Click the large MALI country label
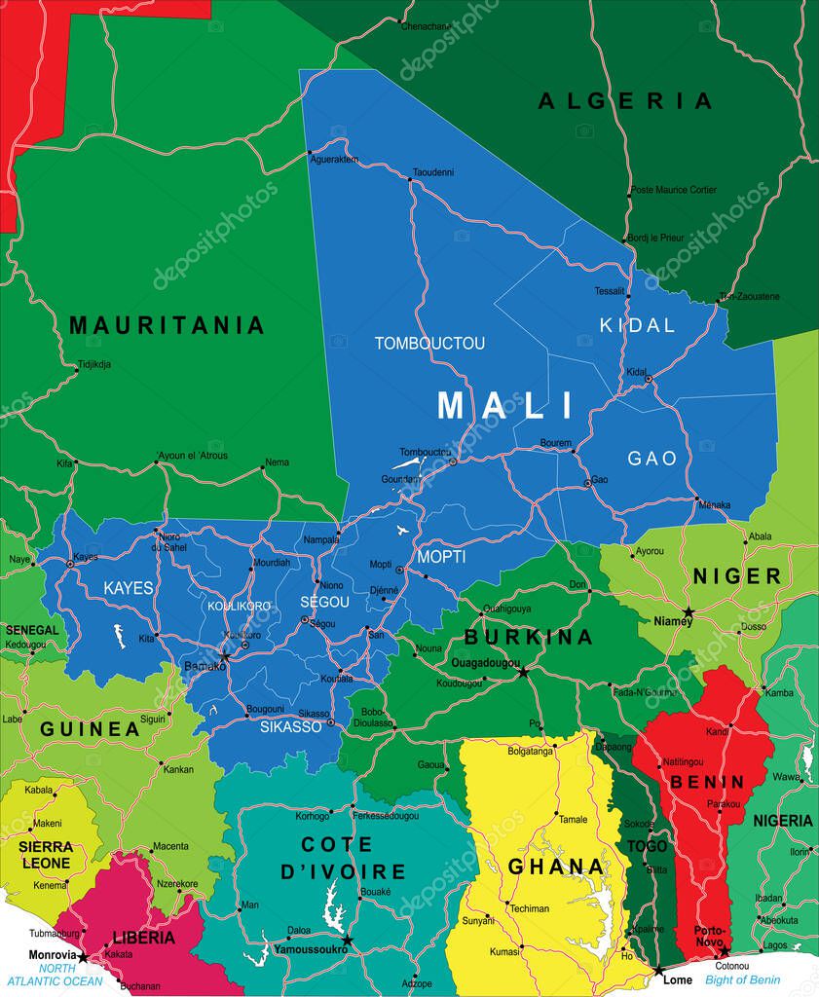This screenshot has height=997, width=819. (x=505, y=405)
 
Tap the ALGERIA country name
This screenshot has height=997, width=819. (x=625, y=100)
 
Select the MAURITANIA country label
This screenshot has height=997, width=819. (x=167, y=325)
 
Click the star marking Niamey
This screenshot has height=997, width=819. (x=688, y=612)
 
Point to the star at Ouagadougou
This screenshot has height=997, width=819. (x=523, y=672)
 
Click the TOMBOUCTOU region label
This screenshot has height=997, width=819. (x=429, y=344)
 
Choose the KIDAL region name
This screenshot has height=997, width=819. (x=637, y=325)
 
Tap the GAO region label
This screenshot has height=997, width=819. (x=651, y=458)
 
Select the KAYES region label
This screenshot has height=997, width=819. (x=129, y=589)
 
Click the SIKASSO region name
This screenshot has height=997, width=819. (x=290, y=726)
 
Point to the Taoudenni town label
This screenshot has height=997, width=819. (x=433, y=172)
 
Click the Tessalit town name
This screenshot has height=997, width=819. (x=610, y=291)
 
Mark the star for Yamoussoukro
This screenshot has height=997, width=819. (x=347, y=941)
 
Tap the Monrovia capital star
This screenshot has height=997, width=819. (x=83, y=958)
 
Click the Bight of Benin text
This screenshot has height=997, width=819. (x=743, y=979)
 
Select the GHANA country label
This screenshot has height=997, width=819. (x=556, y=867)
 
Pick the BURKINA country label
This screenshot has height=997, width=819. (x=528, y=638)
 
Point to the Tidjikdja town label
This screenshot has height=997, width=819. (x=93, y=365)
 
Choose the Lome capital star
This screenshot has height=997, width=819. (x=659, y=971)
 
